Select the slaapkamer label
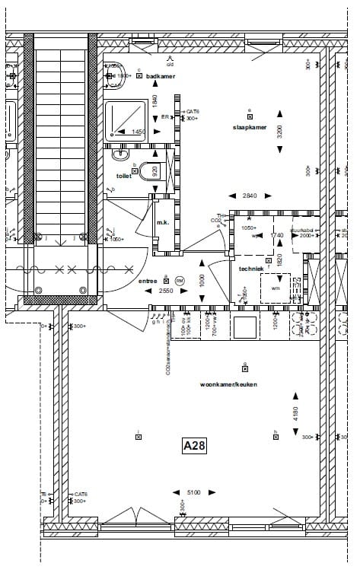coord(250,128)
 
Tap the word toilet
coord(113,175)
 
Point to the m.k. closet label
coord(162,222)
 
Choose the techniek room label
coord(250,269)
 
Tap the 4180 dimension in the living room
coord(296,415)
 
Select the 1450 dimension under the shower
coord(138,132)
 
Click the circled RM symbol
coord(180,280)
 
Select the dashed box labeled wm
coord(275,288)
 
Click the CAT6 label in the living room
coord(80,494)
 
